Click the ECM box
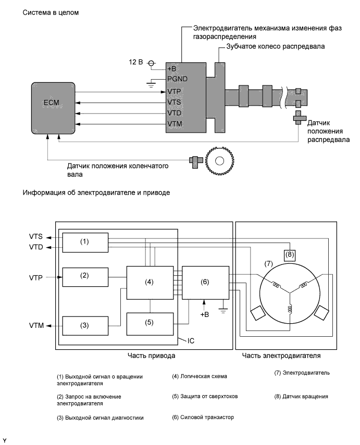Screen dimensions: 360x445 (x=53, y=108)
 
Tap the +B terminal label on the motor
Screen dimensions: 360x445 (x=171, y=68)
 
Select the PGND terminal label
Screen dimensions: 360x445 (x=177, y=79)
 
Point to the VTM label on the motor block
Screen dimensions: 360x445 (x=175, y=124)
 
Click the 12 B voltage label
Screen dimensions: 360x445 (x=136, y=62)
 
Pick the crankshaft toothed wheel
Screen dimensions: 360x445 (x=220, y=161)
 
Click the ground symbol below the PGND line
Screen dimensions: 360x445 (x=151, y=84)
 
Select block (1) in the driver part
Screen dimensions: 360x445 (x=85, y=243)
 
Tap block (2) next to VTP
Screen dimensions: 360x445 (x=85, y=277)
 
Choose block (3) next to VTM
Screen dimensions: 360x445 (x=85, y=326)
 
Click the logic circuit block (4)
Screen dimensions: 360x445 (x=150, y=283)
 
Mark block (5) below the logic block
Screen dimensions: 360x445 (x=150, y=324)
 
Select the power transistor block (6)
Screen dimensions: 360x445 (x=205, y=283)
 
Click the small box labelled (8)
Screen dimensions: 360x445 (x=289, y=255)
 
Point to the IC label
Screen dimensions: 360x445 (x=191, y=340)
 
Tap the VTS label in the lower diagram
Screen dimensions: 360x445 (x=36, y=236)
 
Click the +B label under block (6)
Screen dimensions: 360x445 (x=205, y=314)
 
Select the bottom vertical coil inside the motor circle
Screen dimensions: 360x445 (x=290, y=309)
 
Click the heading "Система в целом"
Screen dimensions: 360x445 (x=51, y=12)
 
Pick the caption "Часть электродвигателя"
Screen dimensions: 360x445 (x=281, y=355)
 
